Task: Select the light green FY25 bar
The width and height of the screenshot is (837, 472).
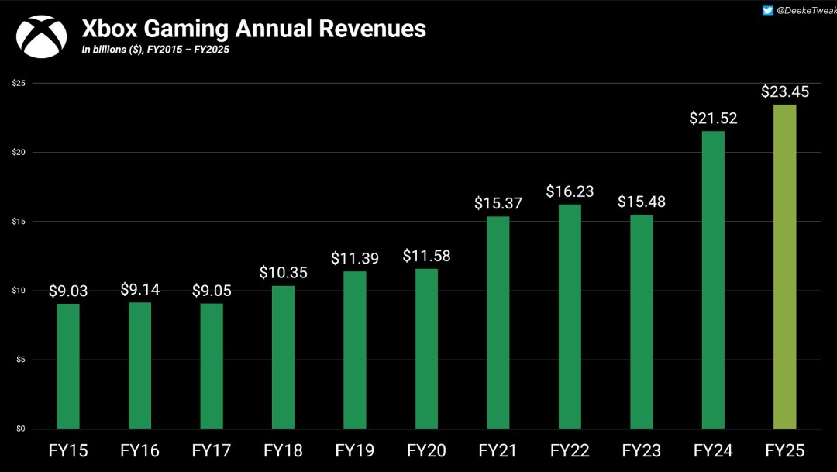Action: click(x=785, y=267)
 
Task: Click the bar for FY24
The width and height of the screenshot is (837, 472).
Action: click(x=713, y=280)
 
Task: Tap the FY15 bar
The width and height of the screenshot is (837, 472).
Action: click(x=68, y=366)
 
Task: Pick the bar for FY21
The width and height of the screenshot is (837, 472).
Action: click(x=498, y=322)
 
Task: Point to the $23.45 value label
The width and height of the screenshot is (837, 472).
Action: click(x=784, y=91)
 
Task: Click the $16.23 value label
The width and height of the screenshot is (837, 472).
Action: click(x=570, y=191)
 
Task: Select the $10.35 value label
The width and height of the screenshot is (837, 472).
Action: click(x=283, y=273)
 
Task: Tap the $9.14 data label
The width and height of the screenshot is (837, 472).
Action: click(x=139, y=289)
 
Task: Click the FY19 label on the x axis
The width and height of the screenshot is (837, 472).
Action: click(x=355, y=450)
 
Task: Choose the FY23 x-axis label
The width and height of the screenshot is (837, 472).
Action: click(x=642, y=450)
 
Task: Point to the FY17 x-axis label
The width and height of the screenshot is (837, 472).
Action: click(x=212, y=450)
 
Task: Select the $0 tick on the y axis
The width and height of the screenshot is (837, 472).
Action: click(x=19, y=429)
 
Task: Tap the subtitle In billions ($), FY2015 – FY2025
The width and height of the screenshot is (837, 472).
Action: click(x=155, y=50)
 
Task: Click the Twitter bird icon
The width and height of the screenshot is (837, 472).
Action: click(x=767, y=10)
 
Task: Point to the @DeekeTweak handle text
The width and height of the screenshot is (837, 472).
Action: click(x=806, y=10)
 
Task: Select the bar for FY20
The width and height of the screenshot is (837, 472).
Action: click(x=426, y=349)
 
